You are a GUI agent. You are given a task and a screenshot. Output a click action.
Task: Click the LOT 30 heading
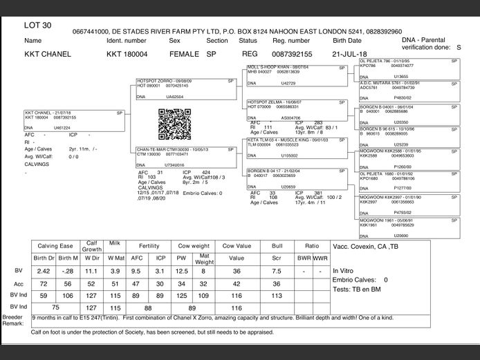click(x=38, y=25)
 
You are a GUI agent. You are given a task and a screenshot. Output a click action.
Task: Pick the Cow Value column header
click(x=237, y=247)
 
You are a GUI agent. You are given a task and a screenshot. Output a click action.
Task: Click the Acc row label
click(x=19, y=283)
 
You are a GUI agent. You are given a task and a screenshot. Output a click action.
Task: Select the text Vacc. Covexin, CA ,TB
click(x=365, y=247)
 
